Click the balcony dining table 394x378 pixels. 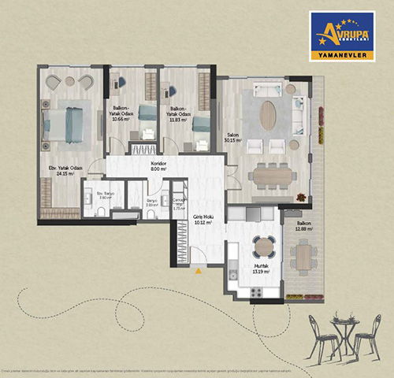[x=304, y=254]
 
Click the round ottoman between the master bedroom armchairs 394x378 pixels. [x=69, y=80]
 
